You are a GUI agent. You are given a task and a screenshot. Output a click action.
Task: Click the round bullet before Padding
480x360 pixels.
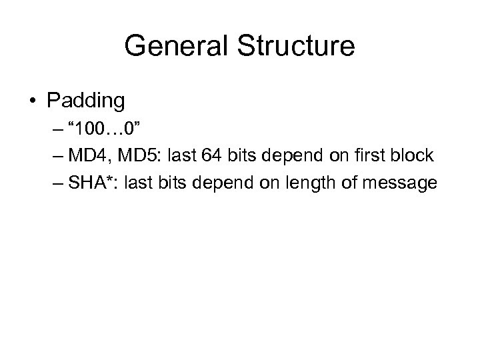tap(33, 101)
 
